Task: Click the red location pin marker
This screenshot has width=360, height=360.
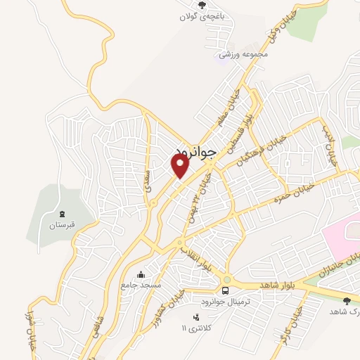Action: click(x=180, y=166)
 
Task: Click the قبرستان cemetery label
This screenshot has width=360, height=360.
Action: click(x=61, y=226)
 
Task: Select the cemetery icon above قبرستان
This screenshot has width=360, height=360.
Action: click(x=61, y=214)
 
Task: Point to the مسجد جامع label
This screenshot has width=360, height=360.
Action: click(x=141, y=286)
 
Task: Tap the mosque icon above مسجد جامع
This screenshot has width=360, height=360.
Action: click(x=141, y=274)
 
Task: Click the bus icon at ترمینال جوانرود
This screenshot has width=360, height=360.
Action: click(x=226, y=290)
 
